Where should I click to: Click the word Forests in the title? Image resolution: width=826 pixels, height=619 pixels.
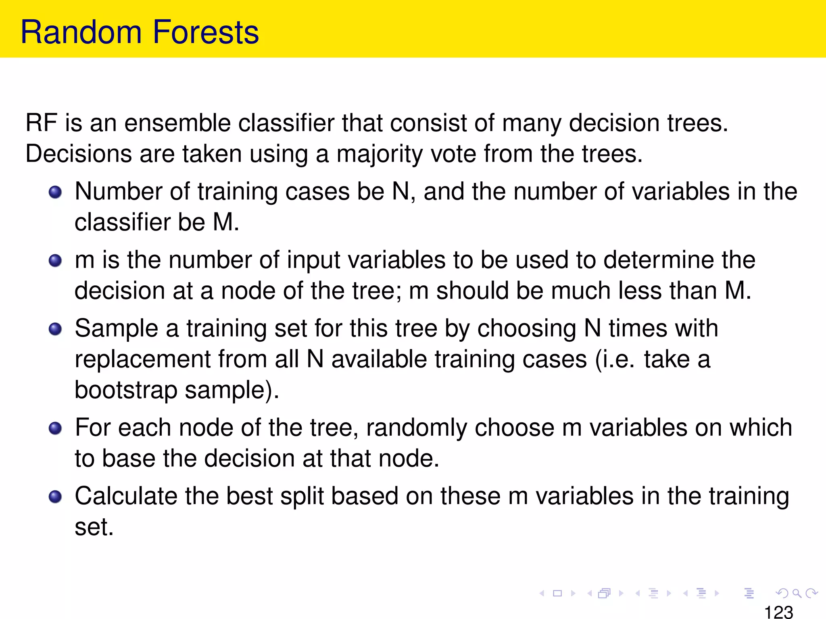pyautogui.click(x=206, y=32)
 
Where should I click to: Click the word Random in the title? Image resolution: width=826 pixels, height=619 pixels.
pyautogui.click(x=81, y=32)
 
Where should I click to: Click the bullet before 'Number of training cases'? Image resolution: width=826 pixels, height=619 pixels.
pyautogui.click(x=55, y=192)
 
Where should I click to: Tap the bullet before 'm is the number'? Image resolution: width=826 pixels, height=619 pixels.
pyautogui.click(x=55, y=261)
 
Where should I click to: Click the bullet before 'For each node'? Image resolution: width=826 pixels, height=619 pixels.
pyautogui.click(x=55, y=428)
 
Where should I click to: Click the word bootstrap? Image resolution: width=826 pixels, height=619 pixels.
pyautogui.click(x=126, y=391)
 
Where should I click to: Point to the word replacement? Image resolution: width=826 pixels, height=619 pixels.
pyautogui.click(x=142, y=359)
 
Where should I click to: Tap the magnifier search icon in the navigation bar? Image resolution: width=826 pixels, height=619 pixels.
pyautogui.click(x=797, y=593)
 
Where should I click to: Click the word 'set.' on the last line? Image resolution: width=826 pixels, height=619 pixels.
pyautogui.click(x=94, y=528)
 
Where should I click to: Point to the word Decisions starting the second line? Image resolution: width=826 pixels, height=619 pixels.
pyautogui.click(x=79, y=154)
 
